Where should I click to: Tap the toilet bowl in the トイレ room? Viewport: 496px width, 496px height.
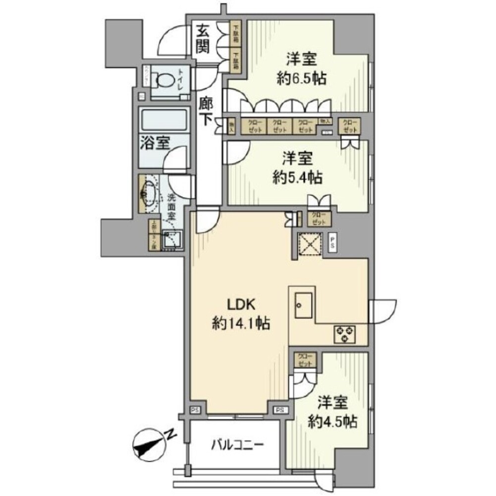point(164,80)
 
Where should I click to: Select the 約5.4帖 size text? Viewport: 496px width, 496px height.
point(297,177)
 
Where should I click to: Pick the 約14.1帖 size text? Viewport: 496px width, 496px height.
point(241,324)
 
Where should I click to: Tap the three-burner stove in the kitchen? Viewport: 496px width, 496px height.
point(344,333)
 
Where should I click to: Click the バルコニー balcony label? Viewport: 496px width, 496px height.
point(235,444)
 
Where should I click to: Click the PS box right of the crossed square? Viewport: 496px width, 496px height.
point(333,243)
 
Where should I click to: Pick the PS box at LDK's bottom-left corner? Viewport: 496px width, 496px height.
point(196,410)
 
